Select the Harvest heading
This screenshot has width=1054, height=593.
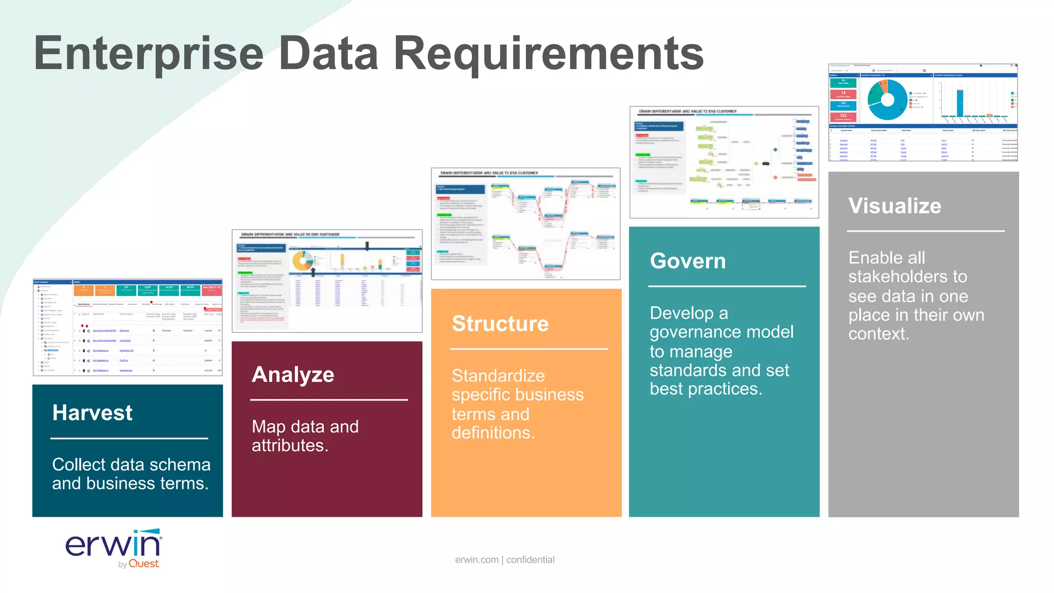(92, 413)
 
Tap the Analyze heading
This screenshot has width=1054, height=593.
(293, 375)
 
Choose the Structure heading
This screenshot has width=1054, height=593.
(500, 324)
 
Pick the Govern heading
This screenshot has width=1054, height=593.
(688, 261)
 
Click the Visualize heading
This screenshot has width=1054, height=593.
(894, 206)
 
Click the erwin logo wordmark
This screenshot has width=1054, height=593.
(113, 545)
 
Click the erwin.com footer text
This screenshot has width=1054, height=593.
(477, 560)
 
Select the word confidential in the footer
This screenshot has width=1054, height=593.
(530, 560)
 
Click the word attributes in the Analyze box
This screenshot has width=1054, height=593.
(289, 446)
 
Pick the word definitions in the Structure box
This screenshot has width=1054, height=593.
(493, 433)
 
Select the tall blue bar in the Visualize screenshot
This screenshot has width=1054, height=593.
(960, 103)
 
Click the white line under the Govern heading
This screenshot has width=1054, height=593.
(727, 286)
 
